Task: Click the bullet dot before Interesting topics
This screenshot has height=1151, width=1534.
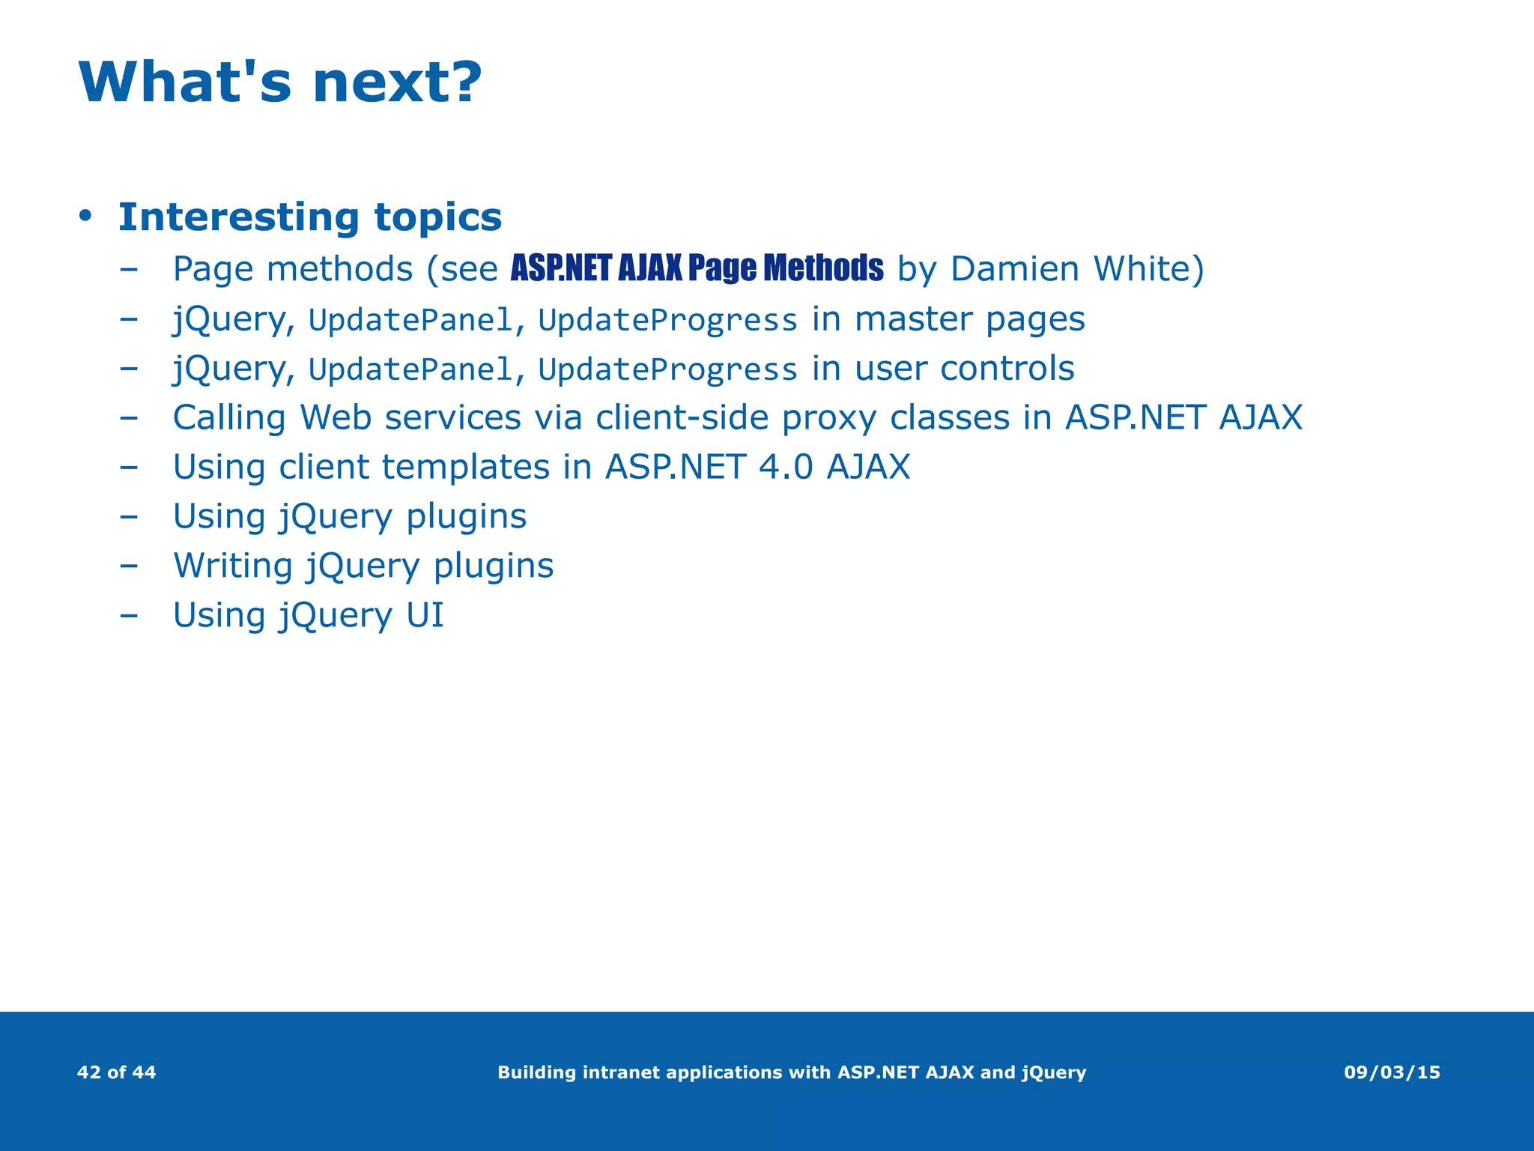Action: tap(85, 217)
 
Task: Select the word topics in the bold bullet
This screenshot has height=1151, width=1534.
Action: tap(437, 217)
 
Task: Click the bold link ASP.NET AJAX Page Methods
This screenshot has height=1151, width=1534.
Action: tap(697, 268)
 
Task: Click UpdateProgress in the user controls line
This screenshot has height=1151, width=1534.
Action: tap(667, 369)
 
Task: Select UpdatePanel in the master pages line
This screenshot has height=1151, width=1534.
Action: tap(410, 321)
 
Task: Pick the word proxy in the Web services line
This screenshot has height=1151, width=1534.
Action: tap(828, 418)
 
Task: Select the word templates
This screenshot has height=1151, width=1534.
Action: tap(466, 467)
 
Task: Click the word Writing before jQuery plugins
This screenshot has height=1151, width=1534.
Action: tap(233, 566)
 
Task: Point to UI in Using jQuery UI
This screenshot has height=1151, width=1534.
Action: tap(425, 615)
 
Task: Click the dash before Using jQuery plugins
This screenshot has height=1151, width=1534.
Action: tap(129, 516)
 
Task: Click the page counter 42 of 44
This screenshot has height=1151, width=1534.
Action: tap(117, 1072)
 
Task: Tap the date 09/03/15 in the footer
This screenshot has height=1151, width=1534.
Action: tap(1392, 1072)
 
